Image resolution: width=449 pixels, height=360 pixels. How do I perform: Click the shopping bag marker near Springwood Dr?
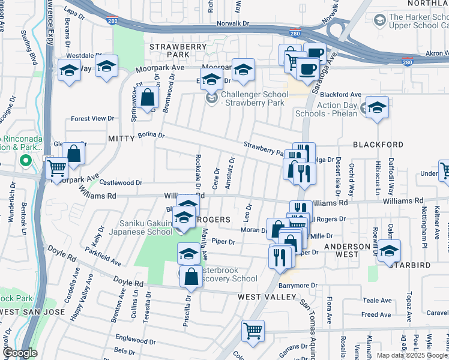(147, 97)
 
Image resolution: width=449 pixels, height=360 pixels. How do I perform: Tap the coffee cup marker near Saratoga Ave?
(308, 68)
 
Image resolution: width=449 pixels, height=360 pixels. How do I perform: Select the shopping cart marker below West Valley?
(253, 331)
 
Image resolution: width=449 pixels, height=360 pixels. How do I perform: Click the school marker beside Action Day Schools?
(377, 108)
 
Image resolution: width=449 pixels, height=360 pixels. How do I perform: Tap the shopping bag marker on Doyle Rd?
(191, 277)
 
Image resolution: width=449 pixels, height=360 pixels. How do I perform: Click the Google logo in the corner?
(20, 353)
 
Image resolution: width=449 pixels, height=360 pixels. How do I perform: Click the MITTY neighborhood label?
(122, 139)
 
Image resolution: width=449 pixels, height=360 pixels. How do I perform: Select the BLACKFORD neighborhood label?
(378, 145)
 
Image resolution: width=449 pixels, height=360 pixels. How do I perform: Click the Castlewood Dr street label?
(121, 182)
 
